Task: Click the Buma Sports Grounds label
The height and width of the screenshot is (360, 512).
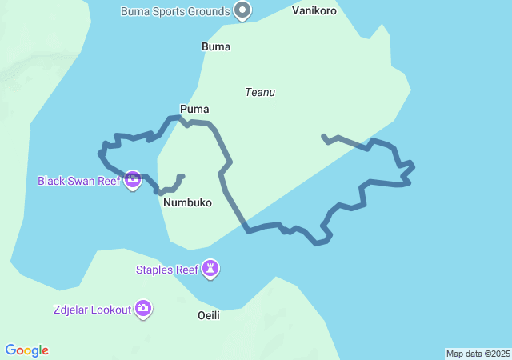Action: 175,11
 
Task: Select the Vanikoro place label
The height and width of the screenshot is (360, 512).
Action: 314,11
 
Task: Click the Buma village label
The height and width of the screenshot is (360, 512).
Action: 216,46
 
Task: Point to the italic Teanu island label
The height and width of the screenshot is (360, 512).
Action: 260,93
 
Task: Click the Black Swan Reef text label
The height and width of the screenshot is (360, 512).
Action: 78,181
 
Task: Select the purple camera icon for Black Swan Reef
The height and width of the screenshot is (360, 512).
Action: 133,180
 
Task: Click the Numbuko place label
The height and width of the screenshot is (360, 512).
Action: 187,203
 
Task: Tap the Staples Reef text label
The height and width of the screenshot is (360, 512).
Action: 166,270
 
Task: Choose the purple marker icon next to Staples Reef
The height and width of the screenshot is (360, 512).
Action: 210,268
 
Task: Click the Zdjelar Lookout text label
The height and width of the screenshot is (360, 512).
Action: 94,310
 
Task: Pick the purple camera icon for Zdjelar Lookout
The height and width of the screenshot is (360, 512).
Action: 143,308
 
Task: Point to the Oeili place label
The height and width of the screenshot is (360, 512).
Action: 209,315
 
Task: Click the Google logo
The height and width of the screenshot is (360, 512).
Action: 27,350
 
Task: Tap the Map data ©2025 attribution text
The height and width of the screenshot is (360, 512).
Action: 478,354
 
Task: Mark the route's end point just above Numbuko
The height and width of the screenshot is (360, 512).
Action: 182,176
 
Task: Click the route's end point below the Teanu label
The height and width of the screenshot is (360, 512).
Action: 322,136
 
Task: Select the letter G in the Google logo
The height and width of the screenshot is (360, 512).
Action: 10,350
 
